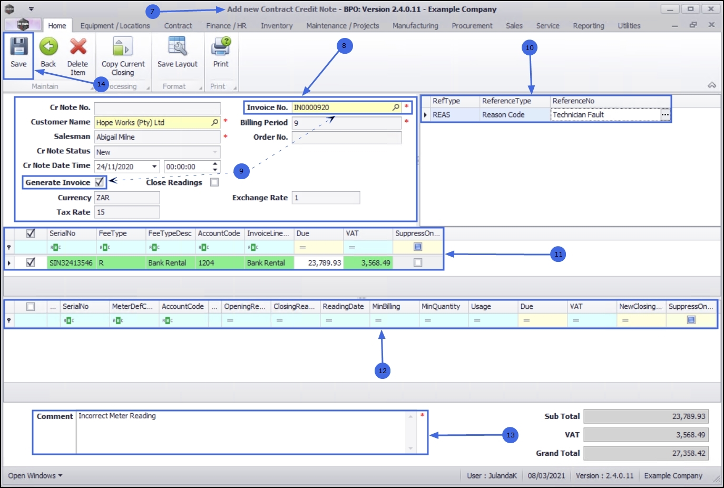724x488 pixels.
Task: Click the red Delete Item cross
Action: pyautogui.click(x=78, y=47)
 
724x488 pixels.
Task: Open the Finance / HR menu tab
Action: pyautogui.click(x=226, y=25)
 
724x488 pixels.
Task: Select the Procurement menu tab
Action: pyautogui.click(x=472, y=25)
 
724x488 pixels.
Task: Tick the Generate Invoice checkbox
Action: pyautogui.click(x=99, y=182)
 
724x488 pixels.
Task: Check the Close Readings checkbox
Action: pyautogui.click(x=214, y=182)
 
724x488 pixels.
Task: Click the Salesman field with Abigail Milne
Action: pyautogui.click(x=157, y=137)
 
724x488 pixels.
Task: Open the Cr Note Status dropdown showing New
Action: pyautogui.click(x=157, y=152)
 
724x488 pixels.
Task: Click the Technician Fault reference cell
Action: pyautogui.click(x=605, y=115)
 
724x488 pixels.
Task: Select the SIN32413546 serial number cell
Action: pyautogui.click(x=71, y=262)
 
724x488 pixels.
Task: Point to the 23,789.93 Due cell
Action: pyautogui.click(x=319, y=262)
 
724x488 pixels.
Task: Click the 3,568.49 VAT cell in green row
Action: pyautogui.click(x=368, y=262)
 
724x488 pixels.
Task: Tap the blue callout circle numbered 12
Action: pyautogui.click(x=383, y=370)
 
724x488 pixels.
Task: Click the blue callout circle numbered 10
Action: pyautogui.click(x=530, y=47)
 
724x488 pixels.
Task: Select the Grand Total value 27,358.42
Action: pyautogui.click(x=645, y=453)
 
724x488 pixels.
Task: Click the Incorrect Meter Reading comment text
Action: pyautogui.click(x=117, y=416)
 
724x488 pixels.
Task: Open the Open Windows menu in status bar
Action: pyautogui.click(x=35, y=475)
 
